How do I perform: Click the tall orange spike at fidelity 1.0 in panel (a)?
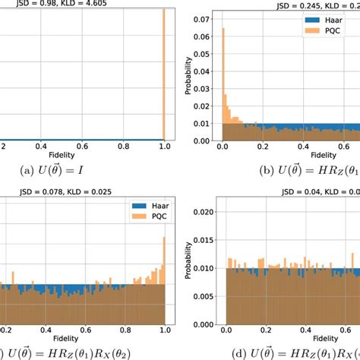coord(164,76)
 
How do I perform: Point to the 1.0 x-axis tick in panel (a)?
coord(164,147)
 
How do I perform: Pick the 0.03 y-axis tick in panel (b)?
coord(202,87)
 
